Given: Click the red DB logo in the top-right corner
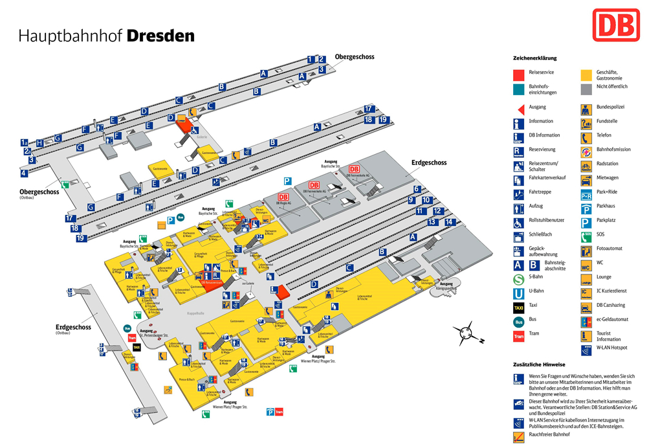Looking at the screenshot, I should (615, 25).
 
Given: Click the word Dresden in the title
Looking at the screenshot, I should (160, 36).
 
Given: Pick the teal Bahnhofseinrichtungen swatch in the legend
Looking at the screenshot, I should (518, 89).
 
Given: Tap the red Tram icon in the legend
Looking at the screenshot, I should (518, 335).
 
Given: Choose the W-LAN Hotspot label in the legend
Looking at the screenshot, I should (611, 348).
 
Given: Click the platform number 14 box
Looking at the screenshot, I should (450, 222).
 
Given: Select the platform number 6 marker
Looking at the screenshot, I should (417, 189).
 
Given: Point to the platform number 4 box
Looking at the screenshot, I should (24, 173).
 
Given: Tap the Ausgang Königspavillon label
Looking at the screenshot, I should (447, 286).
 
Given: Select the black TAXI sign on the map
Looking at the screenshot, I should (137, 348).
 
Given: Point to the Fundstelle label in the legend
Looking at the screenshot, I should (606, 121).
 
